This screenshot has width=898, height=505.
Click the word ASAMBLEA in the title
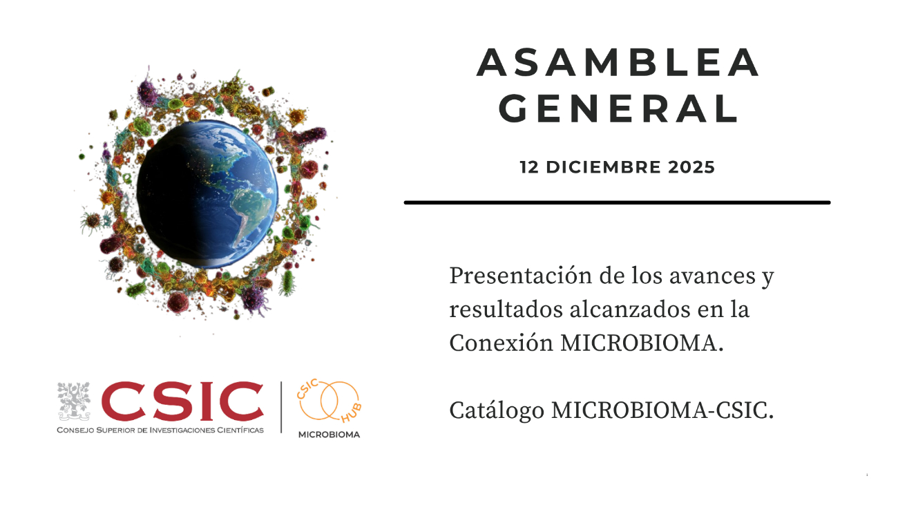click(x=618, y=62)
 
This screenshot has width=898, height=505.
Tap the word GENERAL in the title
click(x=618, y=108)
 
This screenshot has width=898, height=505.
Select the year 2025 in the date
click(x=691, y=167)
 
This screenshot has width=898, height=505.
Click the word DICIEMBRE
click(x=603, y=167)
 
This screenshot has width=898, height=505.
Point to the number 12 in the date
click(x=529, y=167)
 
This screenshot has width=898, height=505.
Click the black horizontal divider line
click(x=618, y=202)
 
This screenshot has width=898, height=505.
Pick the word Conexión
click(x=501, y=343)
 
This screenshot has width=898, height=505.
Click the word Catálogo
click(x=497, y=411)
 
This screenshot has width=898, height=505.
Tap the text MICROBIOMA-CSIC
click(x=662, y=410)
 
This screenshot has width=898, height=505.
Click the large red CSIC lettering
click(x=182, y=401)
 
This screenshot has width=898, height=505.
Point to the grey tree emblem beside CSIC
click(x=74, y=401)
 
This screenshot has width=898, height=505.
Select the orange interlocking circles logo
click(x=329, y=401)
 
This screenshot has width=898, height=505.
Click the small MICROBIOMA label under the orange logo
click(x=329, y=435)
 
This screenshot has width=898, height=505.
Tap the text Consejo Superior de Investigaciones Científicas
click(x=160, y=430)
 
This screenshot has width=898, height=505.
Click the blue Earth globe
click(x=207, y=193)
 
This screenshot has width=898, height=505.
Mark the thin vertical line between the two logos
click(x=281, y=407)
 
